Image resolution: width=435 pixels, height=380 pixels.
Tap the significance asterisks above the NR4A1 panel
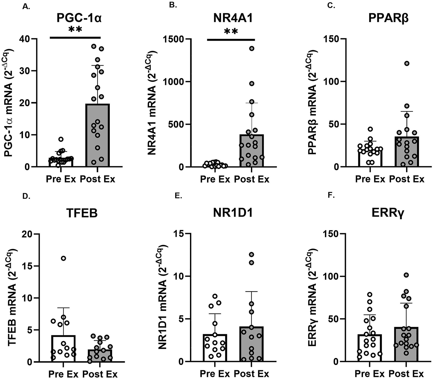231,31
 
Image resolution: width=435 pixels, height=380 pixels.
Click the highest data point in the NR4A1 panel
252,49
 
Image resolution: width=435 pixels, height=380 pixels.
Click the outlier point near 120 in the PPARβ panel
407,63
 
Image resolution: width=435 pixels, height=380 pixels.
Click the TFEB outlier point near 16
64,258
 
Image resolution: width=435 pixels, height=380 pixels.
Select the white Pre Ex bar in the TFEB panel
64,349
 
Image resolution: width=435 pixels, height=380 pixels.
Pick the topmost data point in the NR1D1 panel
252,254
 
